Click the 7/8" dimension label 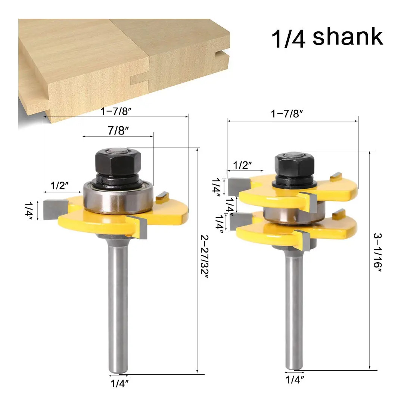tap(118, 130)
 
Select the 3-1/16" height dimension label tap(377, 253)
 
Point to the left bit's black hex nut tap(118, 161)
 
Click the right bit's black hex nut tap(294, 164)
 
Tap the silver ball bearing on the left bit tap(118, 197)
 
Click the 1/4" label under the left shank tap(119, 383)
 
